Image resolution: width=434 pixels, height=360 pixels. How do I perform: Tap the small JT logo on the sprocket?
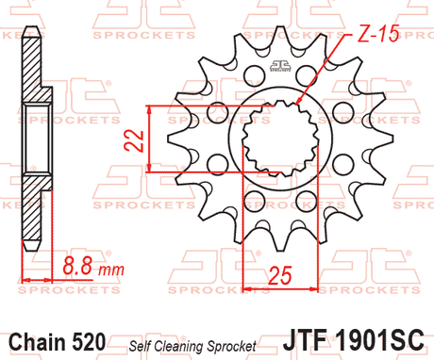tap(278, 67)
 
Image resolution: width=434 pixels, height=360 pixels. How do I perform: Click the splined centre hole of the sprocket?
tap(279, 146)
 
